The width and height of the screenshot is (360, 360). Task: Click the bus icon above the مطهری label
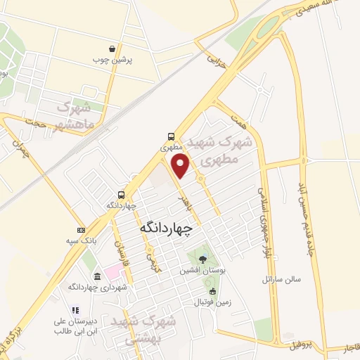[172, 136]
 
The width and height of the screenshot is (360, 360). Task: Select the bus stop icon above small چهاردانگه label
[122, 194]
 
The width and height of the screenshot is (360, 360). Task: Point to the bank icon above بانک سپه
[81, 231]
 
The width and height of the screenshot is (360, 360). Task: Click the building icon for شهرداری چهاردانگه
[86, 277]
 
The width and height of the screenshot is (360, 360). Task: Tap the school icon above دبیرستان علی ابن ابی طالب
[75, 309]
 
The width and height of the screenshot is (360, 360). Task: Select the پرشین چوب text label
[112, 60]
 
